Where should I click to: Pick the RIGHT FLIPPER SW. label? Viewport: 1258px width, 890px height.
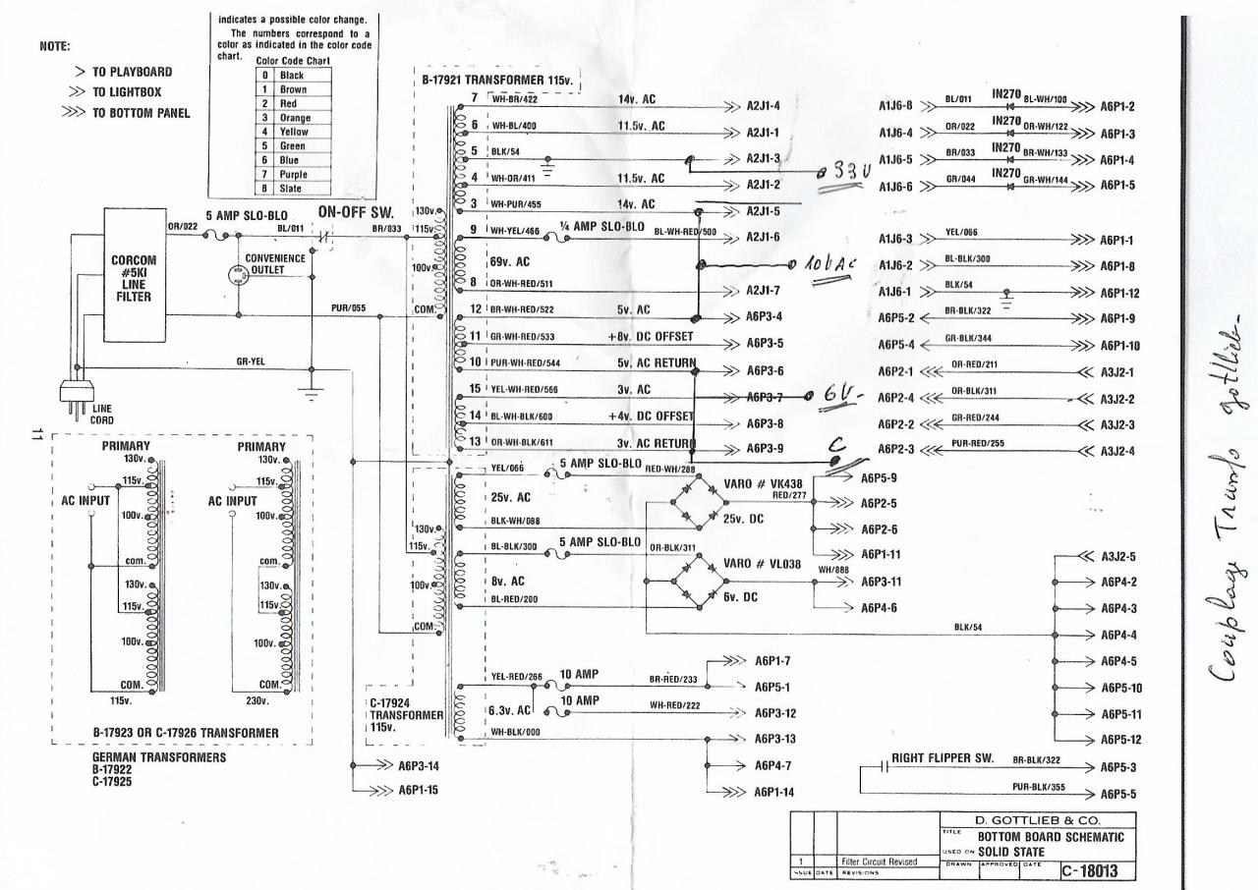click(942, 758)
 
